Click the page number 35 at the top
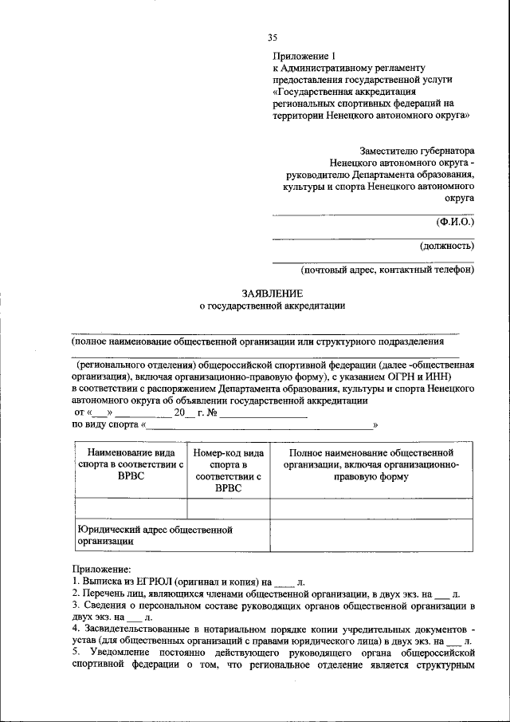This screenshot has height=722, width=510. tap(273, 37)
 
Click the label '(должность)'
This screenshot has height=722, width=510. tap(446, 247)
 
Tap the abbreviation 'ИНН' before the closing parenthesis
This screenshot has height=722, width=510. tap(437, 377)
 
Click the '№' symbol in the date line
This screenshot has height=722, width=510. tap(211, 413)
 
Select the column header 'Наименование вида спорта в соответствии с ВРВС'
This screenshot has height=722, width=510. tap(130, 465)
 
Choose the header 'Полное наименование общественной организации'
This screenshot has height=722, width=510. tap(371, 465)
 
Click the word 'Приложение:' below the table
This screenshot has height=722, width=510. tap(100, 570)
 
